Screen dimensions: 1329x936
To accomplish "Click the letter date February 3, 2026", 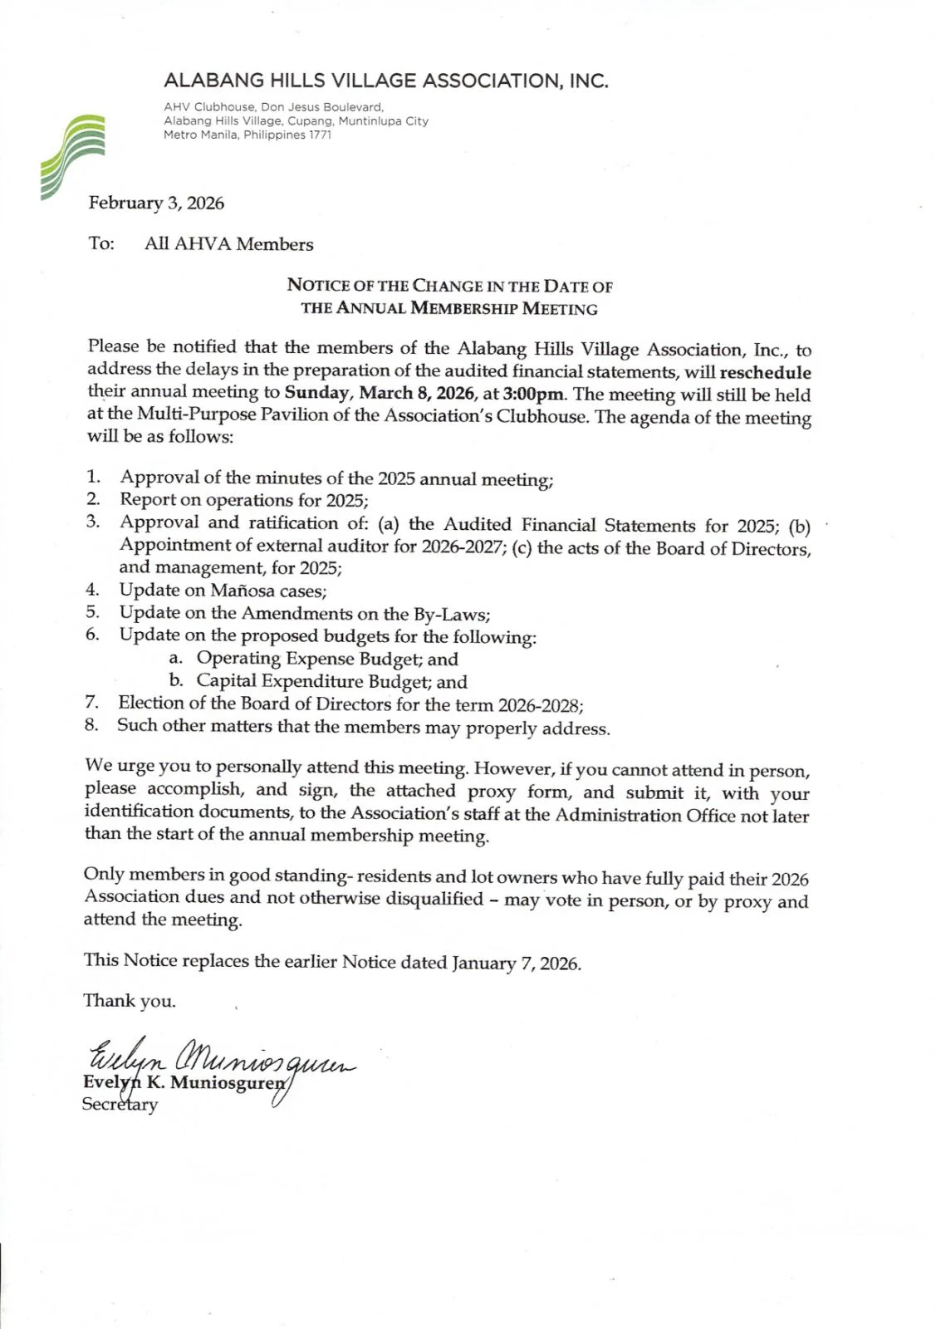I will coord(156,203).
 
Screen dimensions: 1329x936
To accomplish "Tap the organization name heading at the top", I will coord(386,81).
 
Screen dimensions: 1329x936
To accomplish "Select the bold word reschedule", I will coord(765,372).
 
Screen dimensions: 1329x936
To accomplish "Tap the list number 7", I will coord(91,703).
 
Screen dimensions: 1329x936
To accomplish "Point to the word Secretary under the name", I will coord(120,1105).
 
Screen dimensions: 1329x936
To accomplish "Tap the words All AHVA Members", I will coord(228,244).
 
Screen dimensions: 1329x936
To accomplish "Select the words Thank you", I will coord(130,1001).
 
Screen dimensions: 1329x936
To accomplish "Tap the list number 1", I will coord(93,477).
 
